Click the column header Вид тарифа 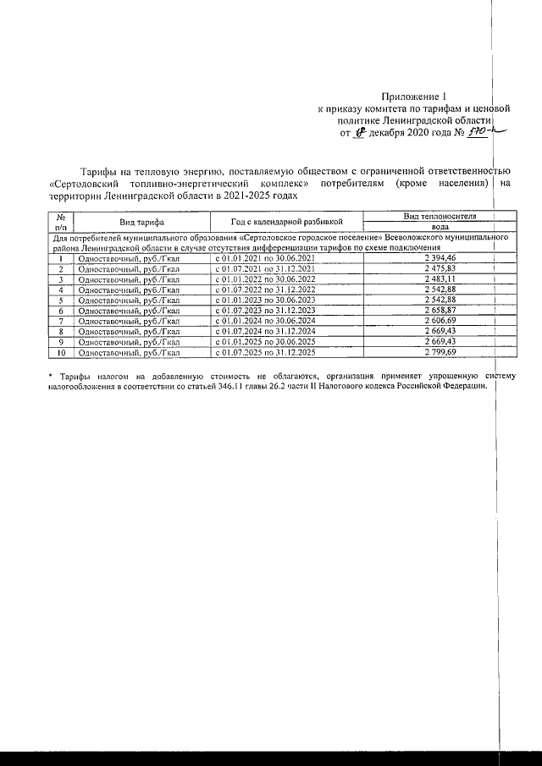pyautogui.click(x=141, y=222)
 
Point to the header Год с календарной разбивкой pyautogui.click(x=279, y=222)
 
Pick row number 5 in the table pyautogui.click(x=61, y=300)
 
